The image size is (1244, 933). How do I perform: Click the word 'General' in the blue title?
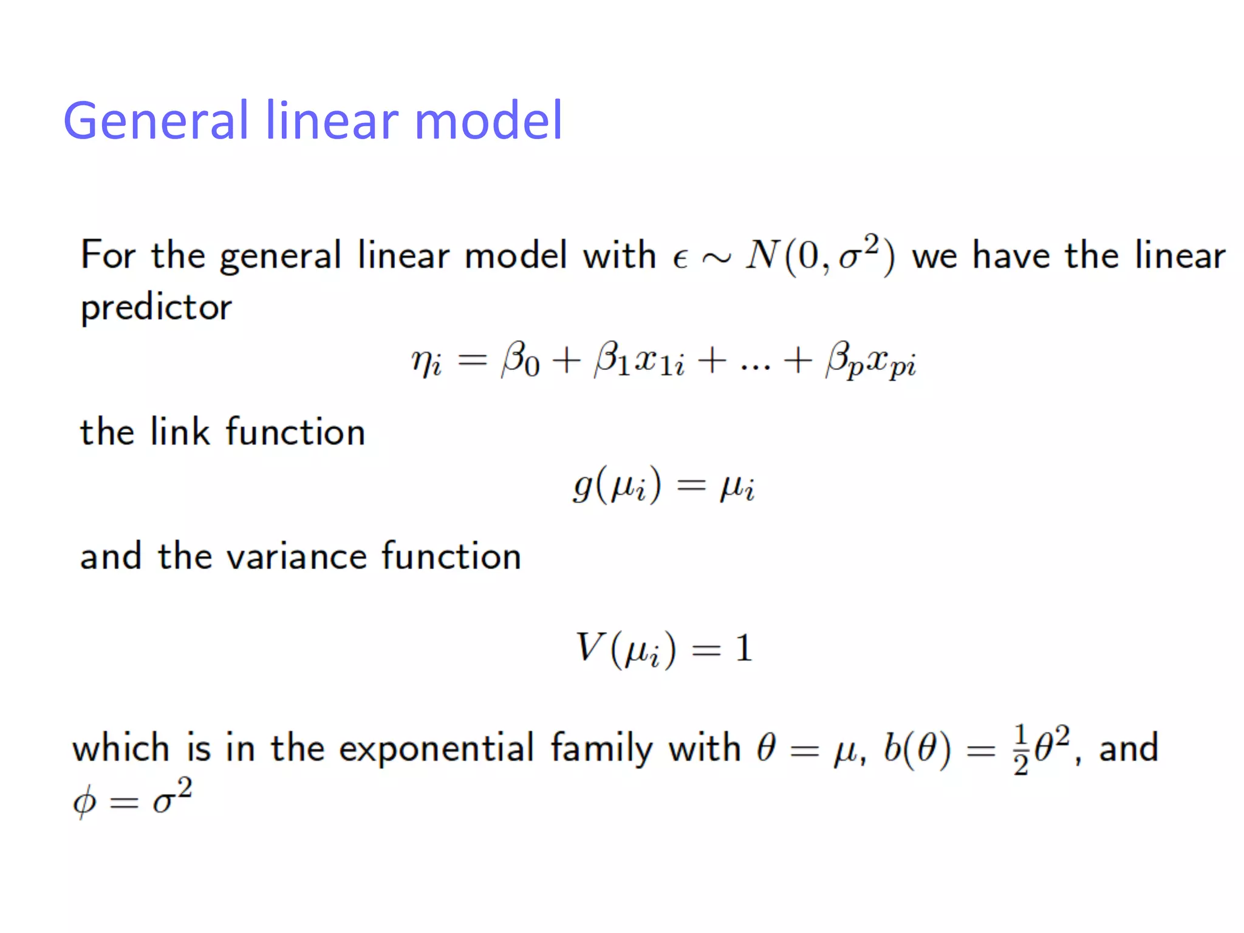coord(155,120)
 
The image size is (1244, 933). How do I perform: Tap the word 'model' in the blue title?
coord(488,120)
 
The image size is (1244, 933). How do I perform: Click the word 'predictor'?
coord(156,307)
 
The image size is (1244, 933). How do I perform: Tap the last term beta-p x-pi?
coord(870,362)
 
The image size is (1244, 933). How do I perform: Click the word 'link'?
coord(180,432)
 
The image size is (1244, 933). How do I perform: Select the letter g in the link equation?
coord(583,487)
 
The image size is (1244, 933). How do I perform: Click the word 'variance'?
coord(296,556)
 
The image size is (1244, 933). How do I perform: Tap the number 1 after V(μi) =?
coord(743,648)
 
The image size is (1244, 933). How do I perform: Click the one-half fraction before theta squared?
coord(1020,751)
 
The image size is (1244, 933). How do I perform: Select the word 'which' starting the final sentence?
coord(120,747)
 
